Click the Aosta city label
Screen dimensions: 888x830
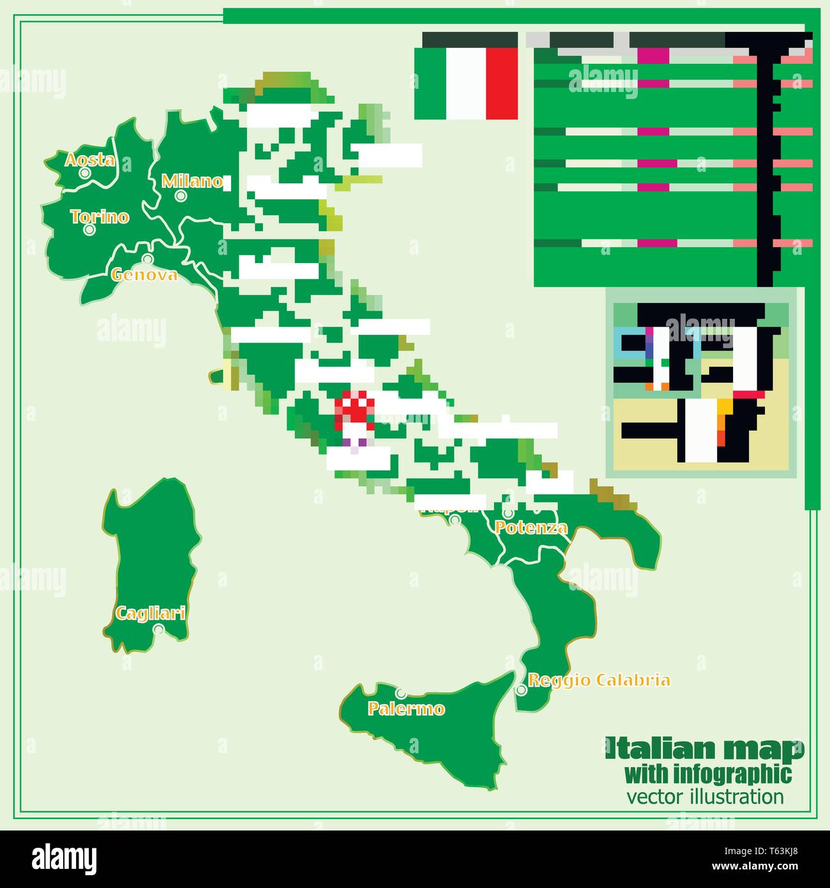90,160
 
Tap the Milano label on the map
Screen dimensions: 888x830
192,181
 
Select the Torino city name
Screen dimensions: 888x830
100,217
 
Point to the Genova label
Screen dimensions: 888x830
144,275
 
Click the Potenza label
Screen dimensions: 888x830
531,528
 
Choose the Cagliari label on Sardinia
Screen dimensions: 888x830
150,613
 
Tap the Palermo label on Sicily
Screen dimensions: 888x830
406,708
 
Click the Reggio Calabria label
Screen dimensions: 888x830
600,680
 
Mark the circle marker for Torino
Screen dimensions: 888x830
89,229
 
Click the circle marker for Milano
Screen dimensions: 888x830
181,195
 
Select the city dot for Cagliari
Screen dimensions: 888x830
158,629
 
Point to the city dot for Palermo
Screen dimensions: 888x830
400,693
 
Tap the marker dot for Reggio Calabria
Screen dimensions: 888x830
521,690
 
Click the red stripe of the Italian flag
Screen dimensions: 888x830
502,84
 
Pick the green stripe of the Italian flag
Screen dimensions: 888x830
430,84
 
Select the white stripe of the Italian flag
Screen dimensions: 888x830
465,84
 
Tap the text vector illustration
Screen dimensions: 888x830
705,797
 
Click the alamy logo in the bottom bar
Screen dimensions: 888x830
64,858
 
